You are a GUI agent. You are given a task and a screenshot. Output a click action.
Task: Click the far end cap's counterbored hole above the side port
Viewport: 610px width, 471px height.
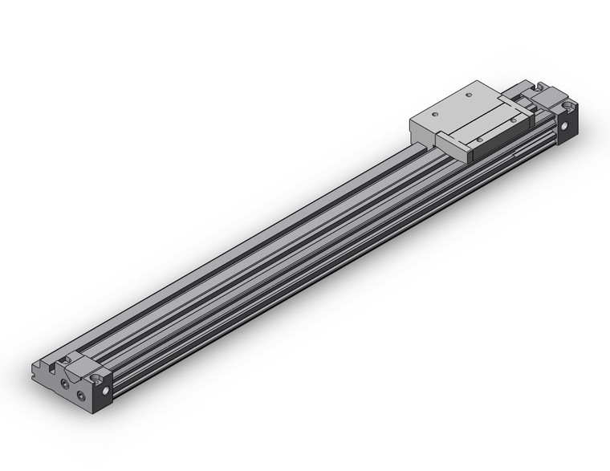coord(568,106)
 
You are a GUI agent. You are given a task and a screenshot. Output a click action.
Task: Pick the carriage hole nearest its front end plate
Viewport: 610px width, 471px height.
coord(479,139)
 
